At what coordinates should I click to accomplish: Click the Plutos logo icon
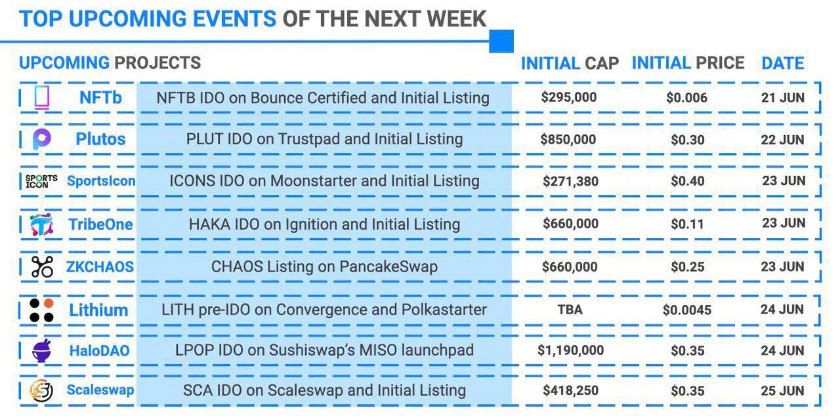41,139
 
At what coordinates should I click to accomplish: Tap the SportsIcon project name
101,181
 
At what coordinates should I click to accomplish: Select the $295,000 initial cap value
568,98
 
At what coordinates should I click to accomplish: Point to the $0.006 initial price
686,98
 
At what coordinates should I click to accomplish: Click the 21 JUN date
783,98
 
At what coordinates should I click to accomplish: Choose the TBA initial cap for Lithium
570,310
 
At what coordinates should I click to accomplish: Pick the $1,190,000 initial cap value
570,350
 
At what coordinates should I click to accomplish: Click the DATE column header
783,63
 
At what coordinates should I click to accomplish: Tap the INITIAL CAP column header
570,63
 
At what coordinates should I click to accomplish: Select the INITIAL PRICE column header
688,63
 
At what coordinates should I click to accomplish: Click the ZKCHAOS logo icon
42,267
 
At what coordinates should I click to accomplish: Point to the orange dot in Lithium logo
49,303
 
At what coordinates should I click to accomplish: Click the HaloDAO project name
99,351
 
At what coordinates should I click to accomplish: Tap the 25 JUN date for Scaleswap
782,391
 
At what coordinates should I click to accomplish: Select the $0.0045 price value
686,310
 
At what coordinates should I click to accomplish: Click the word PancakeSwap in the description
388,267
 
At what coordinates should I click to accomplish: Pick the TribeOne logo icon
41,224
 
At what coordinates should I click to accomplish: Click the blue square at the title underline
501,41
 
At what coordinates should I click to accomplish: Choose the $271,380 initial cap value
570,181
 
